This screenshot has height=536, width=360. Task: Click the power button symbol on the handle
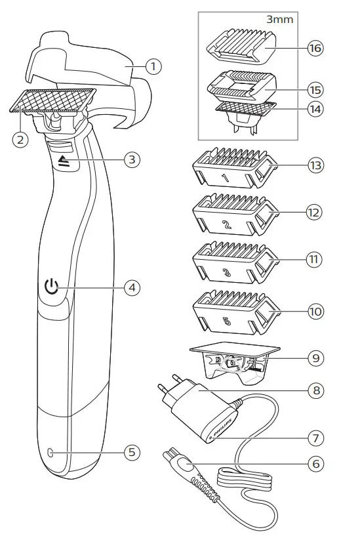[52, 287]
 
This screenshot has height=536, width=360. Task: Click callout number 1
[153, 66]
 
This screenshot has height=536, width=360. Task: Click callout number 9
[315, 359]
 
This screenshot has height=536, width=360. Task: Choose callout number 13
[315, 165]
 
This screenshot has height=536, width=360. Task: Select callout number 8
[315, 388]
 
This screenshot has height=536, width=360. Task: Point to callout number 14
[315, 109]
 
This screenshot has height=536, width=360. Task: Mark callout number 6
[315, 463]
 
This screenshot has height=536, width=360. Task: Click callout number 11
[315, 258]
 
